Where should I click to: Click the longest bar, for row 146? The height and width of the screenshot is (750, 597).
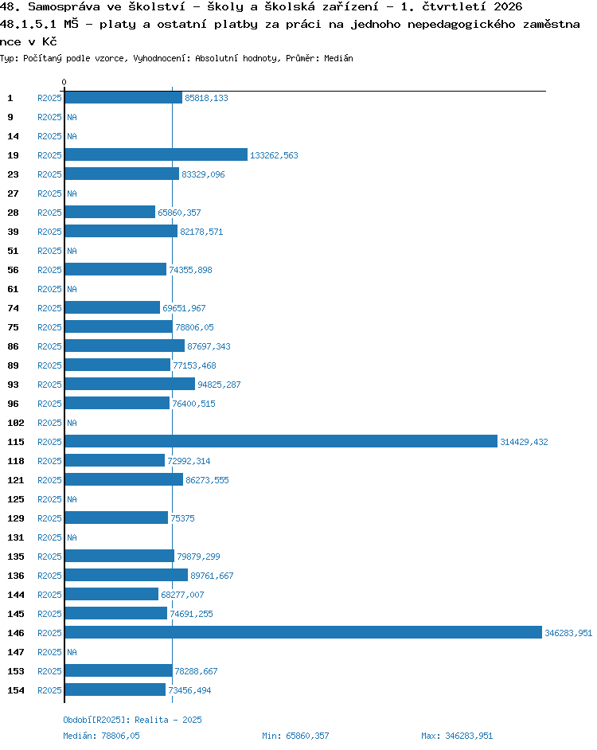[x=303, y=632]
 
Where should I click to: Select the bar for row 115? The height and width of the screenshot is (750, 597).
[x=281, y=441]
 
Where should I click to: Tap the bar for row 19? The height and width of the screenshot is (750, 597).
[x=156, y=154]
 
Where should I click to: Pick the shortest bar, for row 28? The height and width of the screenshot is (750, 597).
[x=110, y=212]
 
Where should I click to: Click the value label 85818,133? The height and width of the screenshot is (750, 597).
[x=206, y=98]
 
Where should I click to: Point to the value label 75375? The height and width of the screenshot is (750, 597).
[x=183, y=518]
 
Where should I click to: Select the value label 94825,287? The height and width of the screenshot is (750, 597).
[x=219, y=385]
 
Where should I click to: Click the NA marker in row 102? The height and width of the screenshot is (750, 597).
[x=72, y=423]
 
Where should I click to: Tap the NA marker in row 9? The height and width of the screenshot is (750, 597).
[x=72, y=117]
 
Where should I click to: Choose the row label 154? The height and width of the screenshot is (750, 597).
[x=15, y=690]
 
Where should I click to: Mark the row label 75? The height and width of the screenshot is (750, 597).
[x=13, y=327]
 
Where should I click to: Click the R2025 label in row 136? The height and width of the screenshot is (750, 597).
[x=49, y=576]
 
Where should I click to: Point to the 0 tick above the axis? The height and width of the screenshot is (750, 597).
[x=64, y=82]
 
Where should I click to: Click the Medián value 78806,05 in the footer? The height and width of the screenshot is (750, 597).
[x=120, y=736]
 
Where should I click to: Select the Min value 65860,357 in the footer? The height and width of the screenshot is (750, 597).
[x=307, y=736]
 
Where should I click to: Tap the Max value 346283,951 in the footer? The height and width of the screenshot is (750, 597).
[x=469, y=736]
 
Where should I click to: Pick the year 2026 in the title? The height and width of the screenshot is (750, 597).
[x=508, y=6]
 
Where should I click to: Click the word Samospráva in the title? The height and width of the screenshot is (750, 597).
[x=64, y=6]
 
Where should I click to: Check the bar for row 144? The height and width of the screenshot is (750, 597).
[x=111, y=594]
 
